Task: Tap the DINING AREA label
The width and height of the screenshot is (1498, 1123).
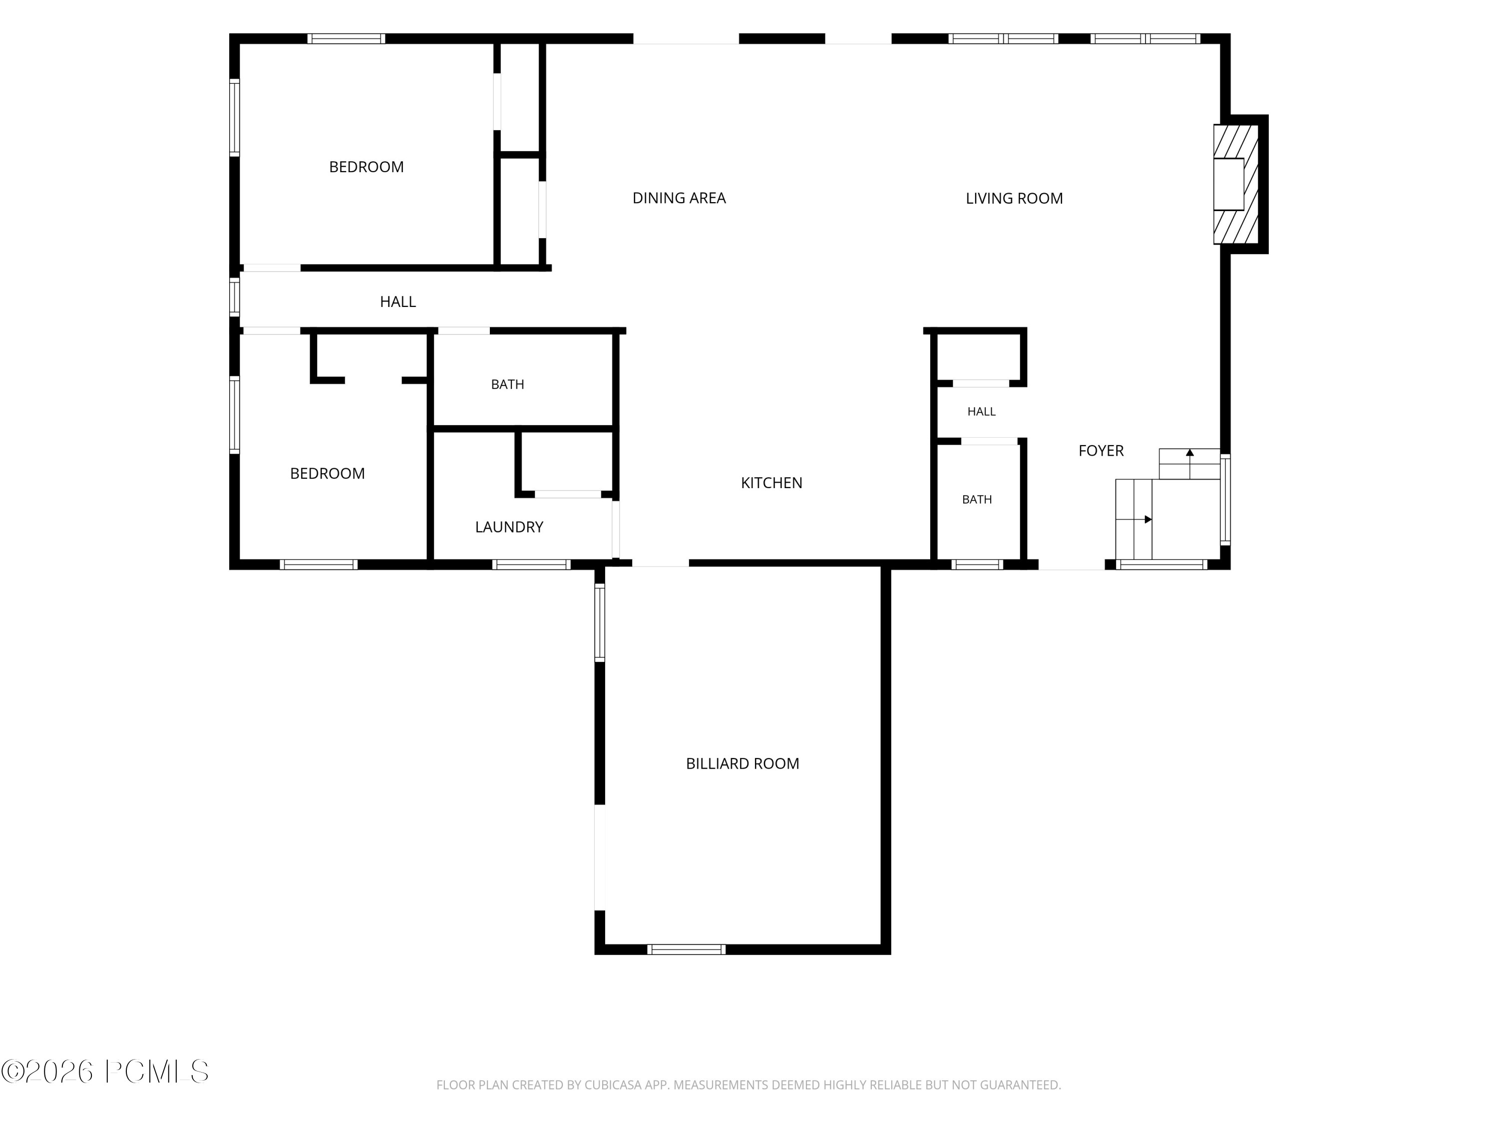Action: [679, 198]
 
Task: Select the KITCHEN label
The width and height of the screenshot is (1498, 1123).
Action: [771, 483]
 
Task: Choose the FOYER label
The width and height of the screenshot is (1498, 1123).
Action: [1101, 451]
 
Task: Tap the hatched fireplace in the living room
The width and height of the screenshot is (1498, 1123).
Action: [1236, 184]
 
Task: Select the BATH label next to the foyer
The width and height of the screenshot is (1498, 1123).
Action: [977, 500]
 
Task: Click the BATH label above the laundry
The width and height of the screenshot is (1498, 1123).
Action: [507, 384]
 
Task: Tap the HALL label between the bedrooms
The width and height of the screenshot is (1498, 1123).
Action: [397, 302]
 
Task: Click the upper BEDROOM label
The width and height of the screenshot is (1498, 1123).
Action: [367, 167]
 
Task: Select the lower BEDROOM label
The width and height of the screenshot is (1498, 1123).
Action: [327, 474]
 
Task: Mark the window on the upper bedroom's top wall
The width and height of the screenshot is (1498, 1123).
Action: [346, 38]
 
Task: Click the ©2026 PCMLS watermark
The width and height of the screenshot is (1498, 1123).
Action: [105, 1071]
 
